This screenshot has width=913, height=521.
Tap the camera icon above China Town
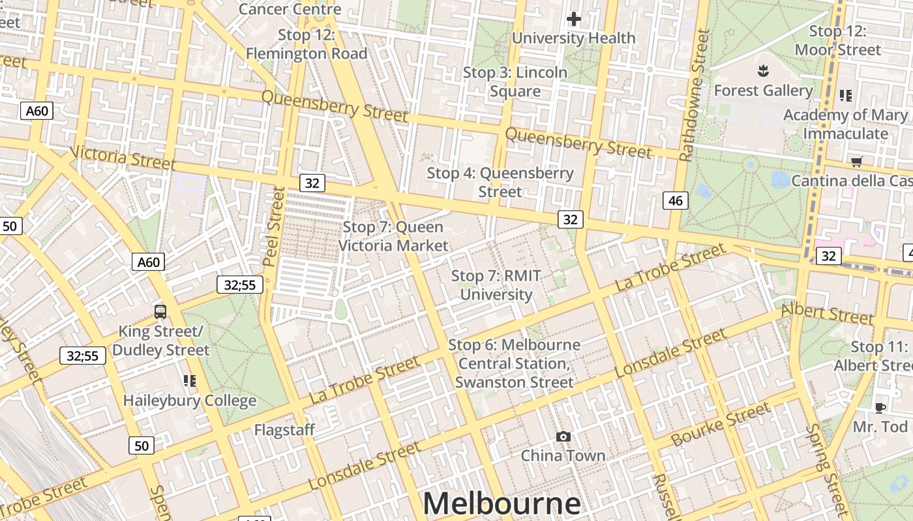point(563,436)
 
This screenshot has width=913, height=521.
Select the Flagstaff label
point(284,430)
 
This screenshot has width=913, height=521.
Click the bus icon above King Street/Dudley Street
point(160,311)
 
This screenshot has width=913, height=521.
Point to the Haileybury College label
point(190,400)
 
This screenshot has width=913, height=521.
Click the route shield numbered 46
point(676,201)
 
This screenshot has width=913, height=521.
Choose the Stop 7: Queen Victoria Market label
point(393,236)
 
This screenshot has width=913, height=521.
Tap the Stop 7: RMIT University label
point(496,285)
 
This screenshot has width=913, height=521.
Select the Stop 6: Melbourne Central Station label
point(515,363)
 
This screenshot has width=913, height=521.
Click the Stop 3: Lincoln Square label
point(515,81)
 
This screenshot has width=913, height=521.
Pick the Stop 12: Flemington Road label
point(307,44)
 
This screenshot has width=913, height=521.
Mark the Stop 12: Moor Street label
point(838,40)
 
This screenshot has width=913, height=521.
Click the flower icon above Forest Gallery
point(762,70)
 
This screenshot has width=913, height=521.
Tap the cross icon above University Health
point(574,19)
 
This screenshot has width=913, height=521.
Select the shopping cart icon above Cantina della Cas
point(856,161)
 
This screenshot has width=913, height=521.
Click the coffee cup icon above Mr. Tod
point(880,408)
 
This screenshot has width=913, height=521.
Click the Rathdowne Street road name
point(695,95)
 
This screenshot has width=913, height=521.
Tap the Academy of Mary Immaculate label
point(845,124)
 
